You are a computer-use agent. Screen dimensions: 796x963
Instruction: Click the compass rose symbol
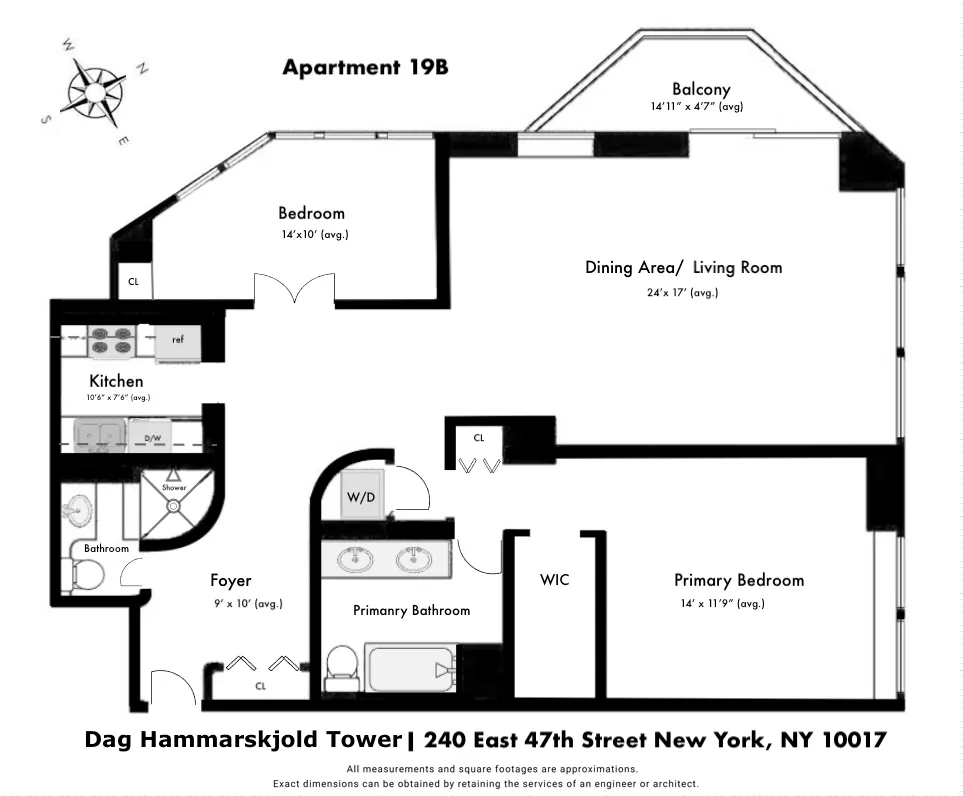(x=95, y=88)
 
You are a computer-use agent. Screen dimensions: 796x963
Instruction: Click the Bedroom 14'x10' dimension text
(x=314, y=234)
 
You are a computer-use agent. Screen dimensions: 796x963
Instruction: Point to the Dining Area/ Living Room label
(x=683, y=267)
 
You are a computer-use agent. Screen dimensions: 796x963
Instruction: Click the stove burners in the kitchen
(x=111, y=341)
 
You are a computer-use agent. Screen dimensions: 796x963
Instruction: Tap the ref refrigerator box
(x=178, y=340)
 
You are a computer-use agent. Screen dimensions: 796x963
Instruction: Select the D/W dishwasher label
(x=153, y=438)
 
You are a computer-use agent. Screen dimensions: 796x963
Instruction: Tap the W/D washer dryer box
(x=360, y=497)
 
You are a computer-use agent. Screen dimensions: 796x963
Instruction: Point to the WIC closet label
(x=554, y=580)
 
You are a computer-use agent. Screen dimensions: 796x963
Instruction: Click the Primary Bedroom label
(x=738, y=580)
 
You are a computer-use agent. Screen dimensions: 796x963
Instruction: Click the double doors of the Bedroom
(x=293, y=290)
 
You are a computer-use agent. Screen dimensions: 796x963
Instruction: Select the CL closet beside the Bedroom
(x=133, y=282)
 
